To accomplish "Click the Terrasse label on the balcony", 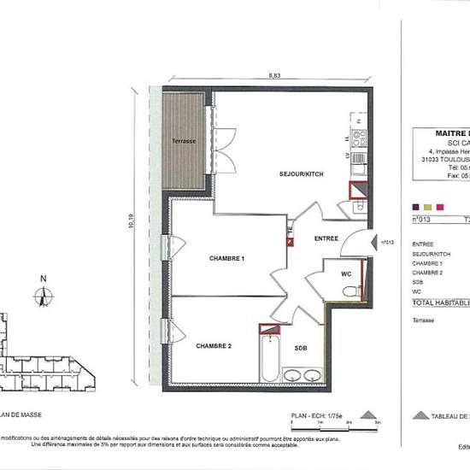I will click(183, 141).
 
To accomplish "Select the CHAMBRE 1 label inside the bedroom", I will click(227, 258).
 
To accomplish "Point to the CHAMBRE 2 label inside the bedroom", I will click(214, 346).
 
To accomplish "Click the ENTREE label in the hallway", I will click(326, 238).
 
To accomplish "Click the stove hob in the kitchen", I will click(360, 137).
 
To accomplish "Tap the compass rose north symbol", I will click(41, 297).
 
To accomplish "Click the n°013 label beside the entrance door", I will click(386, 243).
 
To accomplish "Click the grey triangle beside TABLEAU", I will click(420, 415).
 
